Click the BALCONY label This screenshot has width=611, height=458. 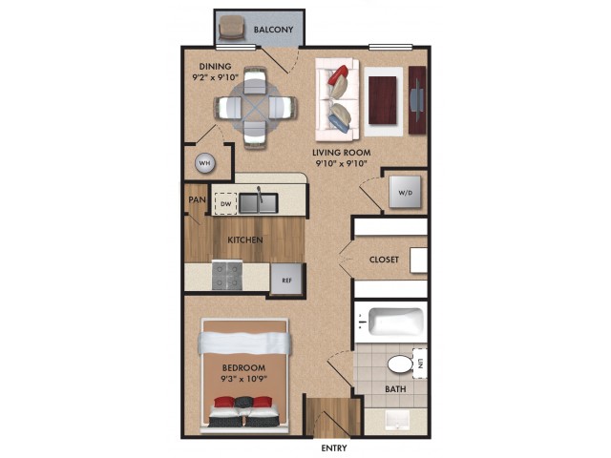point(273,30)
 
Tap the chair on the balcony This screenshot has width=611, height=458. point(231,28)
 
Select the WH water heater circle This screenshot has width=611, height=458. point(205,163)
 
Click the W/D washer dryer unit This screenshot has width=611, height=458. point(405,192)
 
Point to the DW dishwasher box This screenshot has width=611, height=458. point(226,203)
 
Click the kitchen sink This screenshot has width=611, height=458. point(259,203)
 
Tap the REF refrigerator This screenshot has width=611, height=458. point(286,280)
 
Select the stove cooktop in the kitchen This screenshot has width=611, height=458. point(227,276)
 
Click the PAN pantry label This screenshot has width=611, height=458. point(198,199)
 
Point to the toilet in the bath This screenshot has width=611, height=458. point(401,364)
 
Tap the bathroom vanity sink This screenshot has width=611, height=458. point(397,421)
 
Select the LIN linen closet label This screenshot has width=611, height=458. point(420,364)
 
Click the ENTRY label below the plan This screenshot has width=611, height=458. point(334,448)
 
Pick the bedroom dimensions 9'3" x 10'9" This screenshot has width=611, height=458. point(244,378)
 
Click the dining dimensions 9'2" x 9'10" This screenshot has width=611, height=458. point(216,77)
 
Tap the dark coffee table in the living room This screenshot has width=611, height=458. point(383,100)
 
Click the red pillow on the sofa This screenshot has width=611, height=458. point(337,75)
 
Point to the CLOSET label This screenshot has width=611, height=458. point(384,260)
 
